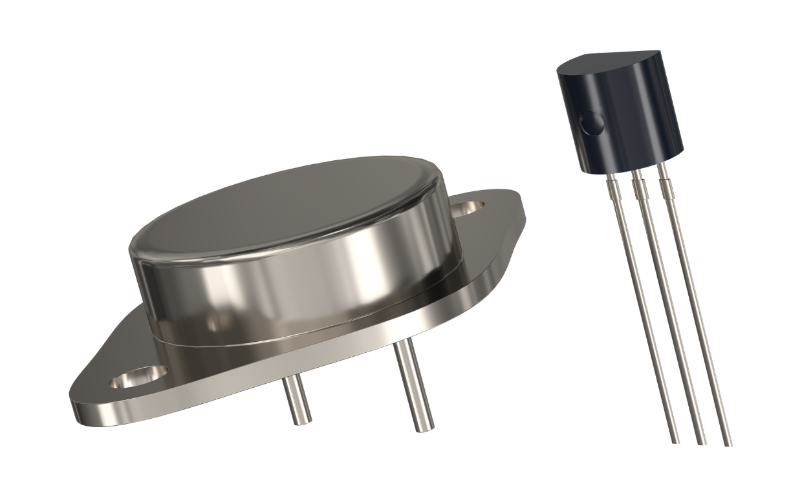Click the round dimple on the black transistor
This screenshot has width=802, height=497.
pos(591,123)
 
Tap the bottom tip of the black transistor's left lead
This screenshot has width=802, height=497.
pos(675,441)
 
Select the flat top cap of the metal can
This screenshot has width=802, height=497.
pos(285,207)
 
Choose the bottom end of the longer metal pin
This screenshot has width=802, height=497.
pos(425,427)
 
